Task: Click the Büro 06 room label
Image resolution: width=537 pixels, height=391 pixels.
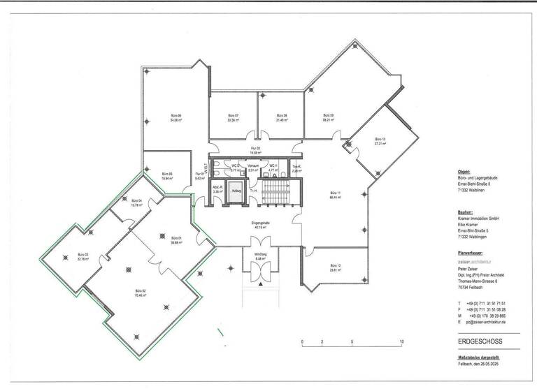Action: click(x=176, y=115)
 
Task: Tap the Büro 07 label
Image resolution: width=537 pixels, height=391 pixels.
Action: click(x=233, y=115)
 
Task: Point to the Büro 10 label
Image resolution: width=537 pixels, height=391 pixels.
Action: click(x=380, y=139)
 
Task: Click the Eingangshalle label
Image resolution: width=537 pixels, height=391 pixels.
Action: click(x=261, y=223)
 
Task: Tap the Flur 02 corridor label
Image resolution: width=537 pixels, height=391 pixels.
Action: click(x=255, y=149)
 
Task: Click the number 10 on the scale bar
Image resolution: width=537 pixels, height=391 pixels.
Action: click(x=402, y=341)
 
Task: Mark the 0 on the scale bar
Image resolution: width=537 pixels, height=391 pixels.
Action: click(x=302, y=341)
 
